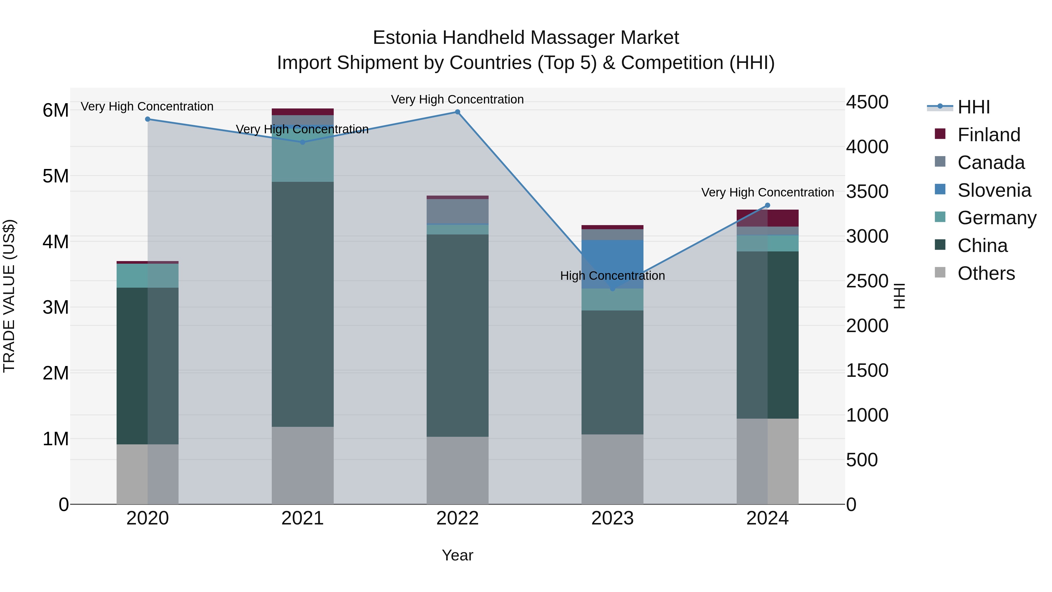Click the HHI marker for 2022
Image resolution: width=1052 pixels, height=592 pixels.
coord(457,112)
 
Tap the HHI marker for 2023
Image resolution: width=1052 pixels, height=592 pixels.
coord(612,289)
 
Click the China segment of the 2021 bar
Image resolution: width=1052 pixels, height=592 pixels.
coord(303,304)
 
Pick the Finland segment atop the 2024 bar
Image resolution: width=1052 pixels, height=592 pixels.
coord(767,218)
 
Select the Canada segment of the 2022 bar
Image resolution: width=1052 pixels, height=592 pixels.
coord(457,211)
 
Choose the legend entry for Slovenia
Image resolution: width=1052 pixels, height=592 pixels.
coord(994,190)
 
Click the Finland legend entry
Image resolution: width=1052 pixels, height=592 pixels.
coord(988,135)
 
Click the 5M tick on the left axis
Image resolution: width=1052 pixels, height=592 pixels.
coord(56,176)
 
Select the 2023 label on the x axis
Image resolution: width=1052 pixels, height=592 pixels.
coord(612,518)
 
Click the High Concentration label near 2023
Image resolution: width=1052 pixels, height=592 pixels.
coord(612,276)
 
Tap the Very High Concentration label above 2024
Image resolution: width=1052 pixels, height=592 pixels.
coord(767,192)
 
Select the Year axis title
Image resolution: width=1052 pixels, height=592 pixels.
coord(457,555)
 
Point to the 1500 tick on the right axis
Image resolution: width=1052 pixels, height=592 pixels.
coord(867,371)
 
